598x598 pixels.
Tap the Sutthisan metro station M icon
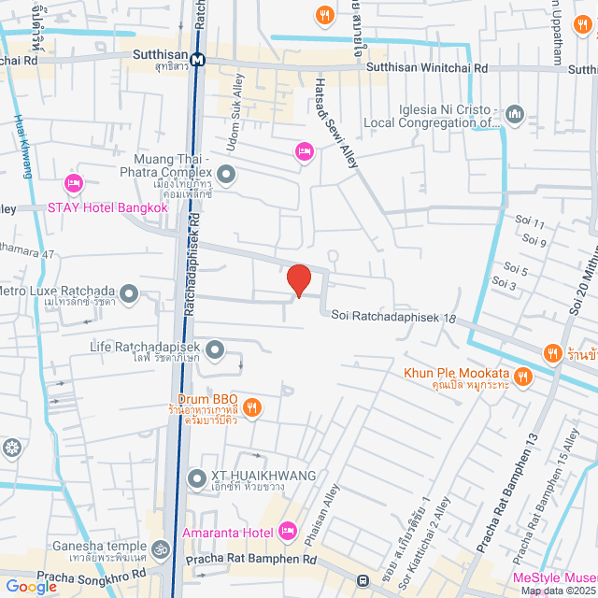pos(197,60)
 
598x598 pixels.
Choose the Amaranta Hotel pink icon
pos(287,532)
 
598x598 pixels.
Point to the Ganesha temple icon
pos(160,548)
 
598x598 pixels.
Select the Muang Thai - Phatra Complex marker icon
pos(225,174)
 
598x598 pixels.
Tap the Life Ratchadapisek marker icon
pos(216,350)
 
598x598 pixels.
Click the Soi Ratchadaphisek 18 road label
pos(393,317)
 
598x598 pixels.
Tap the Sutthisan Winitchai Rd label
pos(427,68)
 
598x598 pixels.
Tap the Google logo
pos(31,586)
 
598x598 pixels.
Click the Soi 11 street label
pos(529,222)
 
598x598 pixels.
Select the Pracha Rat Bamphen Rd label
pos(251,560)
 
